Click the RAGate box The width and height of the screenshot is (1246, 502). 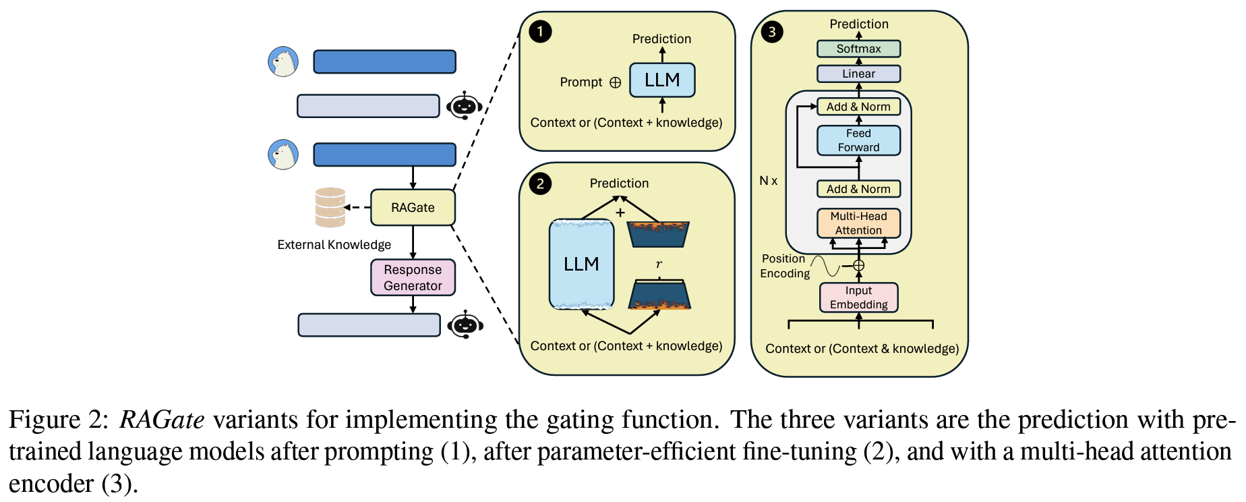(x=413, y=208)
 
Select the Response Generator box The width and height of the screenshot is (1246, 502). (x=413, y=277)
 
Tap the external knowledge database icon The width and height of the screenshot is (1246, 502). (x=330, y=207)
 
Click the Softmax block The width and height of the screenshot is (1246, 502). (x=858, y=49)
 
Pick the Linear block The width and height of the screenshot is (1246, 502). (x=858, y=74)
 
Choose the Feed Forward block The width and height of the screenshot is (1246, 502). (x=858, y=140)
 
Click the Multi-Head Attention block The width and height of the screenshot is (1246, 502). (x=858, y=223)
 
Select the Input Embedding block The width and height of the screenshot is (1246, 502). (x=858, y=298)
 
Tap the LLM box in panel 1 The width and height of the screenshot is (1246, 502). (x=662, y=80)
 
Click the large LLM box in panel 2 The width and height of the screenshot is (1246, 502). (x=581, y=264)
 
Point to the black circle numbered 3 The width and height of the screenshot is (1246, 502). (x=772, y=32)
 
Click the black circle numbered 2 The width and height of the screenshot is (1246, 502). (x=540, y=184)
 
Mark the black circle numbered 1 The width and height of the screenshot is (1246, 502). (x=540, y=32)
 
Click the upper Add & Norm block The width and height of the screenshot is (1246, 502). (x=858, y=107)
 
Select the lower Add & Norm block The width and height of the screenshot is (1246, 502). (x=858, y=190)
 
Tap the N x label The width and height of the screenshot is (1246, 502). (x=768, y=181)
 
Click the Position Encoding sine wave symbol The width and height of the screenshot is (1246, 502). (x=826, y=266)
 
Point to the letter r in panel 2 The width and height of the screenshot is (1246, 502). (x=659, y=264)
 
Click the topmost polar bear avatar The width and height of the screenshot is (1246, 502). (x=283, y=62)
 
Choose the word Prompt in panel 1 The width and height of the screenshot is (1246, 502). (x=581, y=82)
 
